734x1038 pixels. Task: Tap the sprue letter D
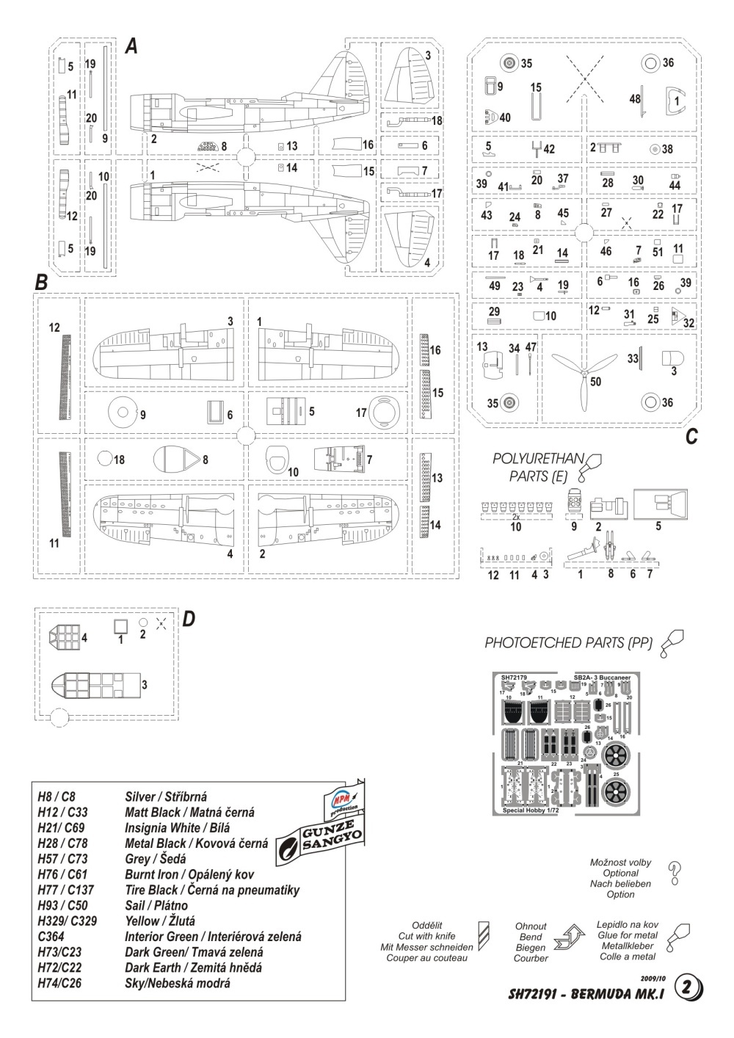[x=188, y=620]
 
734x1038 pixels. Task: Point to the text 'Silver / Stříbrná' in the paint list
[x=166, y=796]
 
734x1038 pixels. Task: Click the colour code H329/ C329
[x=68, y=921]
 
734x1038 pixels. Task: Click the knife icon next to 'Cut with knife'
[x=483, y=936]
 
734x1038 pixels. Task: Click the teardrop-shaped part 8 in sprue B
[x=178, y=461]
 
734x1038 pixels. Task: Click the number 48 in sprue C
[x=634, y=98]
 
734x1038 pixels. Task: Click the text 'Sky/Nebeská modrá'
[x=178, y=983]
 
